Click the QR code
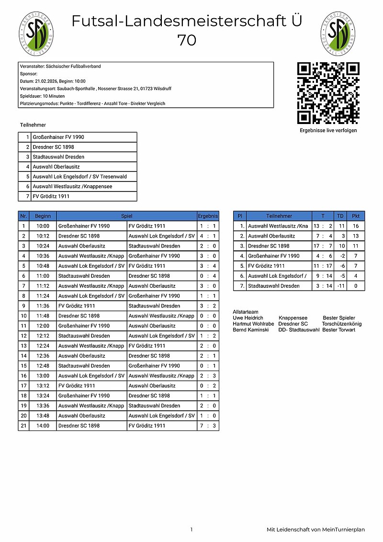[x=328, y=93]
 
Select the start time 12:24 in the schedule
[x=43, y=346]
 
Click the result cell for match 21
[x=208, y=426]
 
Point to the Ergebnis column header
[x=208, y=216]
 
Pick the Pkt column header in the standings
[x=355, y=216]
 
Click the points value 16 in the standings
[x=355, y=226]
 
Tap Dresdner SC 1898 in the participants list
[x=53, y=147]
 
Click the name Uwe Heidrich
[x=248, y=318]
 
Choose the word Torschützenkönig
[x=341, y=324]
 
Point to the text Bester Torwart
[x=339, y=330]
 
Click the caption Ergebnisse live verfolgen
[x=328, y=130]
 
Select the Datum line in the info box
[x=53, y=81]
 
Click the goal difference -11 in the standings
[x=341, y=286]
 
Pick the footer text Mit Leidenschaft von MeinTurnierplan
[x=315, y=530]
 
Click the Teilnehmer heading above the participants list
[x=33, y=125]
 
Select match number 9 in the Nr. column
[x=23, y=306]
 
